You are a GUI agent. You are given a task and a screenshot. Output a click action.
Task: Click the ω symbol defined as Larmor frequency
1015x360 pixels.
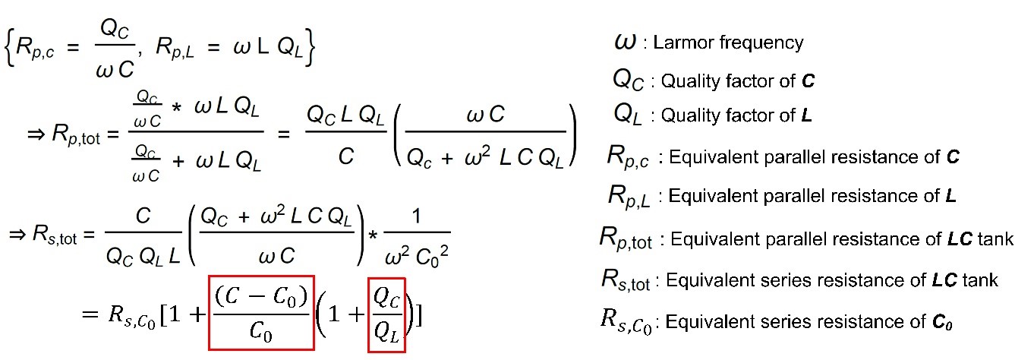pyautogui.click(x=626, y=42)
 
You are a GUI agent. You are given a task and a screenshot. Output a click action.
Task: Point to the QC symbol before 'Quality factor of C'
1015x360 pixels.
pyautogui.click(x=629, y=80)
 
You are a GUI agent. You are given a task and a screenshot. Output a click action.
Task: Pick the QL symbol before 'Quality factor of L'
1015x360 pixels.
pyautogui.click(x=629, y=115)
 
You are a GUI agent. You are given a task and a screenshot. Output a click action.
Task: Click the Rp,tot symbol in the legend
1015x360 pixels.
pyautogui.click(x=626, y=241)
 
